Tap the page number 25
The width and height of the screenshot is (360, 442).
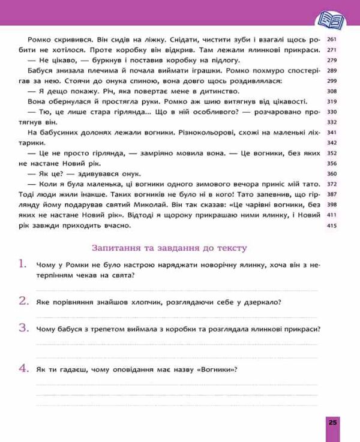[x=333, y=423]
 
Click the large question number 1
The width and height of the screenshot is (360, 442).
[x=23, y=264]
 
